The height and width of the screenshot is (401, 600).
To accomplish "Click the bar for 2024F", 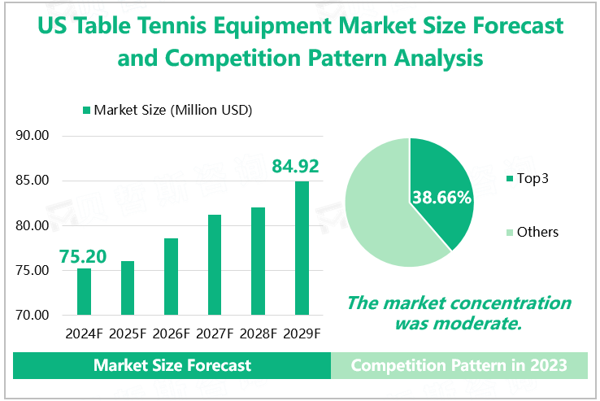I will (x=84, y=291).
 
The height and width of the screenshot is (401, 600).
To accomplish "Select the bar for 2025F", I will (x=128, y=288).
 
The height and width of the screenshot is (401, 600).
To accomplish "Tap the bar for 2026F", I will (x=171, y=277).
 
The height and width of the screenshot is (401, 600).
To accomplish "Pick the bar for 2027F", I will (x=215, y=265).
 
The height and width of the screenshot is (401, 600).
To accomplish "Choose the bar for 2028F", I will (x=258, y=261).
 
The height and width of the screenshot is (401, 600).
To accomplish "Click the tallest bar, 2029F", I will (x=302, y=248).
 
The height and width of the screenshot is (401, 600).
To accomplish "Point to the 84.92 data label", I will (x=294, y=168).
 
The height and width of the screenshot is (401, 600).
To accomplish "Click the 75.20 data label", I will (x=83, y=256).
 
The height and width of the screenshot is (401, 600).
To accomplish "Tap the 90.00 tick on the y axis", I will (x=33, y=136).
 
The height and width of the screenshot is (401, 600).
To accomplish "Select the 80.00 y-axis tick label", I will (x=33, y=225).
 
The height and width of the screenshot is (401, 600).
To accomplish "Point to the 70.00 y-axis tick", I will (x=33, y=315).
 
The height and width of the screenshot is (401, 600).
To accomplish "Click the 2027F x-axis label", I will (x=215, y=333).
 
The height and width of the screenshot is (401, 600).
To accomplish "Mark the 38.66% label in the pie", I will (x=442, y=198).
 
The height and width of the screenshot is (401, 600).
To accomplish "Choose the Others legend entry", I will (x=532, y=232).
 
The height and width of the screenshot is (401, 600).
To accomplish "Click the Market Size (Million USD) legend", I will (x=167, y=110).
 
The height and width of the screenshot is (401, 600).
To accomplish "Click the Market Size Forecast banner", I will (x=172, y=365).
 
